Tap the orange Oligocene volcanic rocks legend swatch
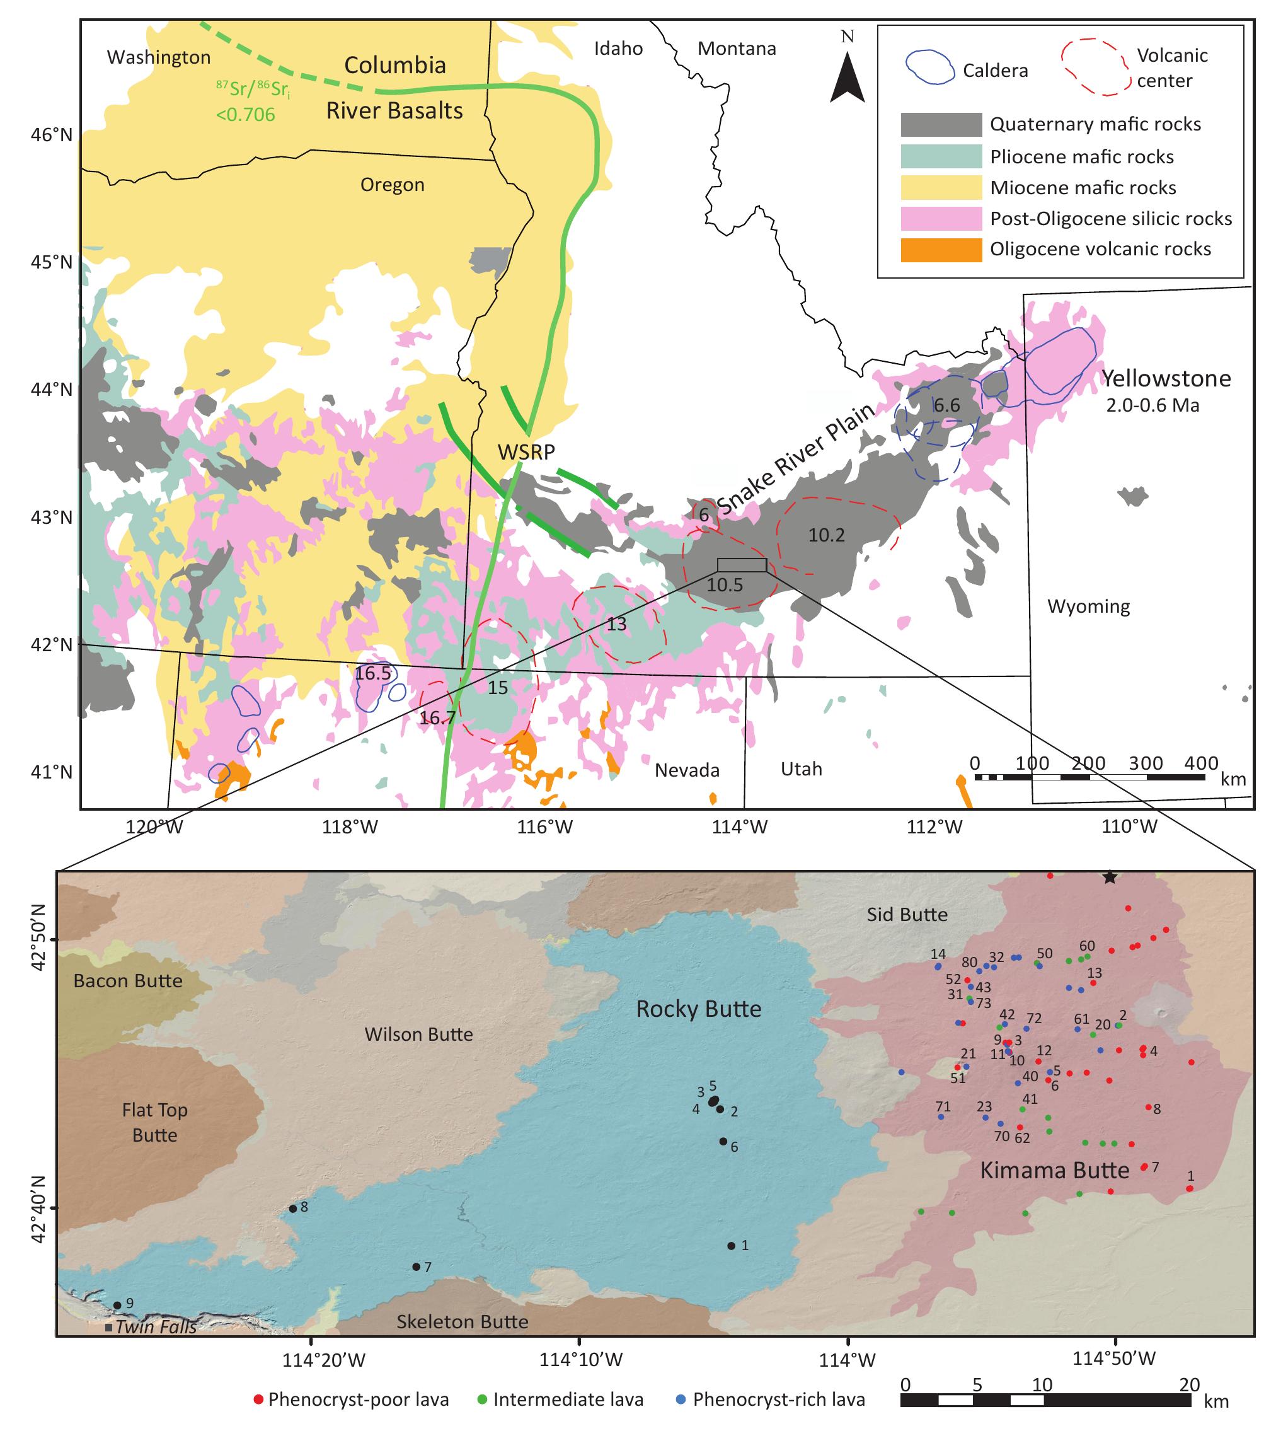(941, 250)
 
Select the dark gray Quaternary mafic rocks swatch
(941, 124)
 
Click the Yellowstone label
(1166, 379)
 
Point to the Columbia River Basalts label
(394, 88)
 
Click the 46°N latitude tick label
(52, 134)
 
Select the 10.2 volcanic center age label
(827, 535)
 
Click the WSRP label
(527, 452)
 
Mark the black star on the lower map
(1110, 878)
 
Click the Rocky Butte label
(699, 1009)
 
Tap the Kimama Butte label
(1054, 1171)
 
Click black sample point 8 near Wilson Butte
(293, 1208)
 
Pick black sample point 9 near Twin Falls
(117, 1306)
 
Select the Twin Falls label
(156, 1327)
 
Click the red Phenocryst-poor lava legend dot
(258, 1400)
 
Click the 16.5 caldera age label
(372, 673)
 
